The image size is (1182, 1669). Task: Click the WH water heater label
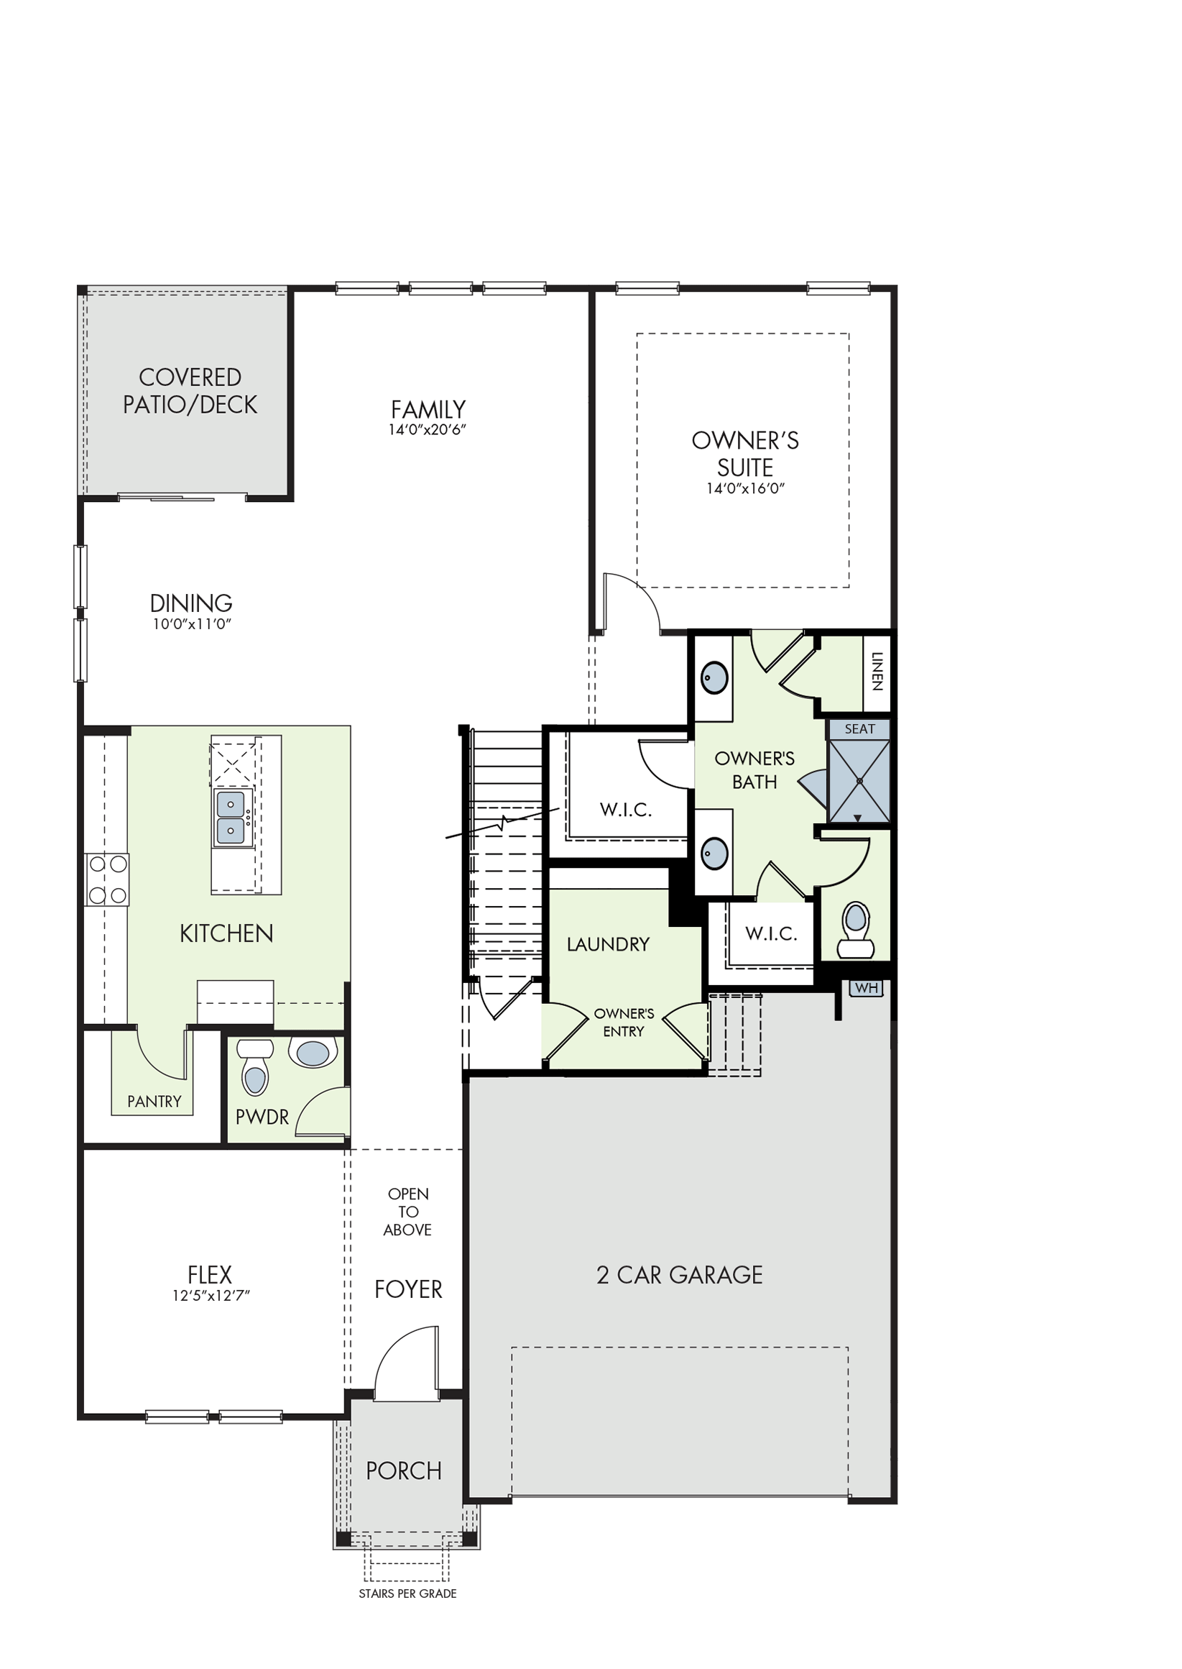866,988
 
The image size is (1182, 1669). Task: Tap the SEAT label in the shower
859,729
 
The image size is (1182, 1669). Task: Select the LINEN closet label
877,672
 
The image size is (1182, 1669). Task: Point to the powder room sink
313,1053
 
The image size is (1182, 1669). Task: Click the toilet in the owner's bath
855,930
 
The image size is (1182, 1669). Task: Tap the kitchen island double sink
231,817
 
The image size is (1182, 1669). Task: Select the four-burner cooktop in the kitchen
107,879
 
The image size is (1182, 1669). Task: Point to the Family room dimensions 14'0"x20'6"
428,429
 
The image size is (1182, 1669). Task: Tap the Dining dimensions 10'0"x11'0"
191,624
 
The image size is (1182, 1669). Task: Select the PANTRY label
154,1102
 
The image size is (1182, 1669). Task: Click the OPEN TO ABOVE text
407,1212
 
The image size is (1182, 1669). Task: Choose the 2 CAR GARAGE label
680,1274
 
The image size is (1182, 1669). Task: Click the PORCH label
404,1471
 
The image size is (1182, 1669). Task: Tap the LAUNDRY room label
609,944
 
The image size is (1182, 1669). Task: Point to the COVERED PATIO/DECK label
190,390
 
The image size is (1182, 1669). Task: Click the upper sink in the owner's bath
715,678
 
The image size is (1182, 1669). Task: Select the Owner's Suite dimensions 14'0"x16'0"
745,488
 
